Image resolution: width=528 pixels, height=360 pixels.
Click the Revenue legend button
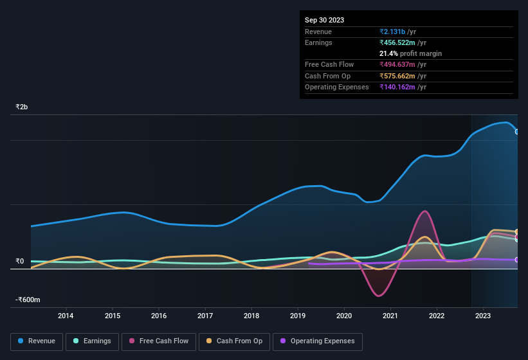click(37, 341)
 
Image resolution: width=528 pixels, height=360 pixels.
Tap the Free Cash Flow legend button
click(159, 341)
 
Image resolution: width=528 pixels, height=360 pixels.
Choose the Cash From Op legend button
click(234, 341)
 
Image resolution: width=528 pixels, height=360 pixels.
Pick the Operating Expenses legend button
click(318, 341)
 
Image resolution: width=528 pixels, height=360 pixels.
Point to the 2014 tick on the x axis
click(66, 316)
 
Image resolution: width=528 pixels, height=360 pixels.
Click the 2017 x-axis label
click(205, 316)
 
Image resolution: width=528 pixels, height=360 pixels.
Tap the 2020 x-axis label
click(344, 316)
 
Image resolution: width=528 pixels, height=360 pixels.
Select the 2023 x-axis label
click(483, 316)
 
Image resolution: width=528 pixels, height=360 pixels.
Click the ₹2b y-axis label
click(23, 107)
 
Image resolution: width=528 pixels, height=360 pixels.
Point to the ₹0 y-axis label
click(19, 262)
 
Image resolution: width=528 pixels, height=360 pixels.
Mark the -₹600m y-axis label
click(28, 300)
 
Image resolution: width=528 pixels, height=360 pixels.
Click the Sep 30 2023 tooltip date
click(324, 20)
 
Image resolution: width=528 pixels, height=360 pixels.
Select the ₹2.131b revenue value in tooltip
click(393, 32)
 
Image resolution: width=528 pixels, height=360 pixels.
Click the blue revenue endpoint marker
click(517, 132)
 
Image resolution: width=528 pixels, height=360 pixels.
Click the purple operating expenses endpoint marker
click(517, 260)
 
